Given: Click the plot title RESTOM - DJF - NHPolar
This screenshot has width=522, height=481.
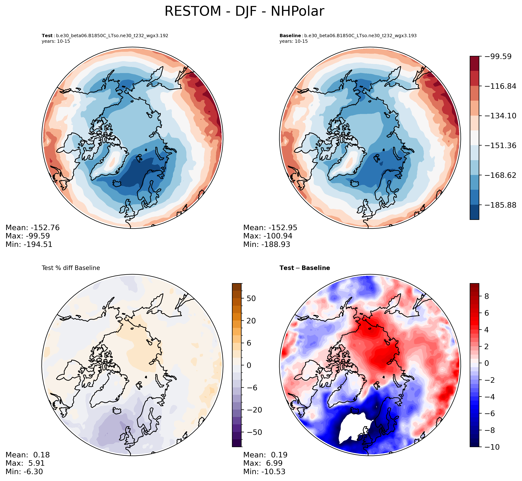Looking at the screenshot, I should (x=244, y=12).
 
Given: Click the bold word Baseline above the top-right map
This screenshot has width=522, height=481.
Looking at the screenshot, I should (x=290, y=36).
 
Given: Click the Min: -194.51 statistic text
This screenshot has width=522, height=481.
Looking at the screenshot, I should (x=29, y=244).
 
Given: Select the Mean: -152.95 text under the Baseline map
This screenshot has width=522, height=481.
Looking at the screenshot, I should (x=270, y=228).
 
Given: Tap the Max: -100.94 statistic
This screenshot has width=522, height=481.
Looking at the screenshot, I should (x=268, y=236).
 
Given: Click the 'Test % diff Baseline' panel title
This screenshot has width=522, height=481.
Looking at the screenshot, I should (x=71, y=268).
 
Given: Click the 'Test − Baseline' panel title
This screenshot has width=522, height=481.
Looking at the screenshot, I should (x=305, y=268).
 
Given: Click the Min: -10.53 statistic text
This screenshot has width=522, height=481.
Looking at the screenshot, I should (x=264, y=471).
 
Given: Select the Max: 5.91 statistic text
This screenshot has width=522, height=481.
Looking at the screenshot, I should (x=25, y=463).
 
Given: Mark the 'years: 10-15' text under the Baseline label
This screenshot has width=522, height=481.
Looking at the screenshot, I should (x=293, y=41).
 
